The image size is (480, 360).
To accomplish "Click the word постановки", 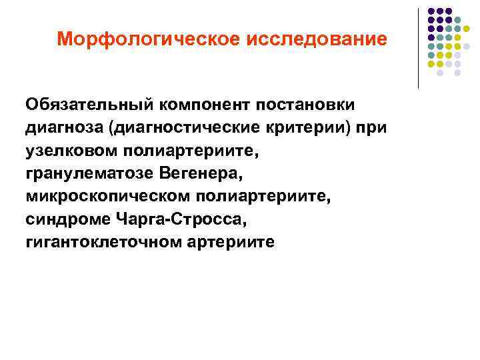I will pyautogui.click(x=308, y=105).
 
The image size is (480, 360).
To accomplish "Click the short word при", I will pyautogui.click(x=369, y=127).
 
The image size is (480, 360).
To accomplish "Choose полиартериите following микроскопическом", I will pyautogui.click(x=257, y=196).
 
